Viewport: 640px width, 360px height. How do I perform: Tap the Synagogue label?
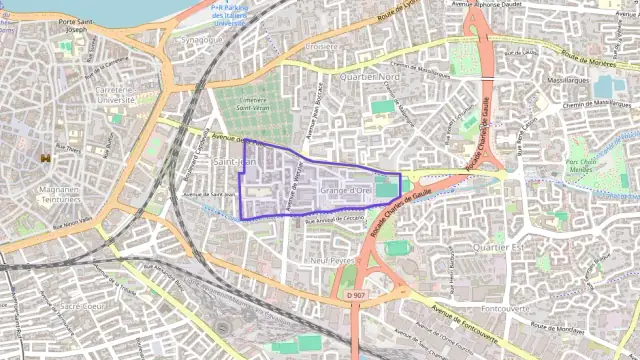click(x=202, y=40)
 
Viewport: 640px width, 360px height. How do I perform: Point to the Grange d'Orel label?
click(x=346, y=188)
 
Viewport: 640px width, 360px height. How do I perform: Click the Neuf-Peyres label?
click(x=334, y=260)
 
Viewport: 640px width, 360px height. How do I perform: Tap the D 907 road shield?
click(x=354, y=295)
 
